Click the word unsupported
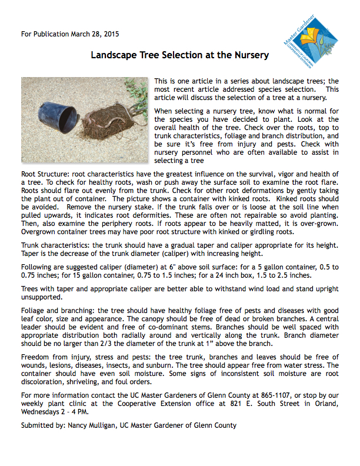click(x=41, y=298)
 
